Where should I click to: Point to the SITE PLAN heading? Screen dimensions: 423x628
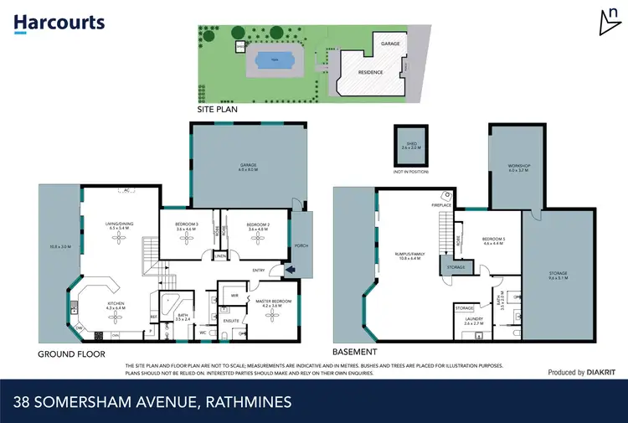[217, 109]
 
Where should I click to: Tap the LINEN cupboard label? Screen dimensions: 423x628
[220, 255]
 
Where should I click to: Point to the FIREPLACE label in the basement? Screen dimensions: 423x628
[442, 204]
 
